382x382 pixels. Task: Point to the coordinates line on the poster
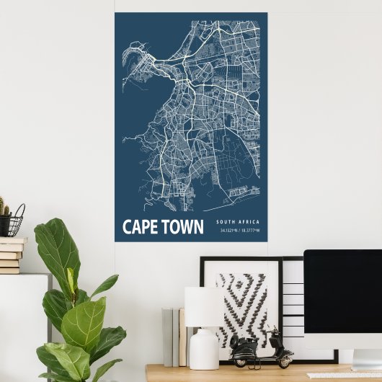point(240,231)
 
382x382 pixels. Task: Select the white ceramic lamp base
point(204,350)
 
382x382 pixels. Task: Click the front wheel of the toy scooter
point(286,358)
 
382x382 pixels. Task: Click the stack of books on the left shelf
point(11,255)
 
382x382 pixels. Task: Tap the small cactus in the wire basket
point(4,209)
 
